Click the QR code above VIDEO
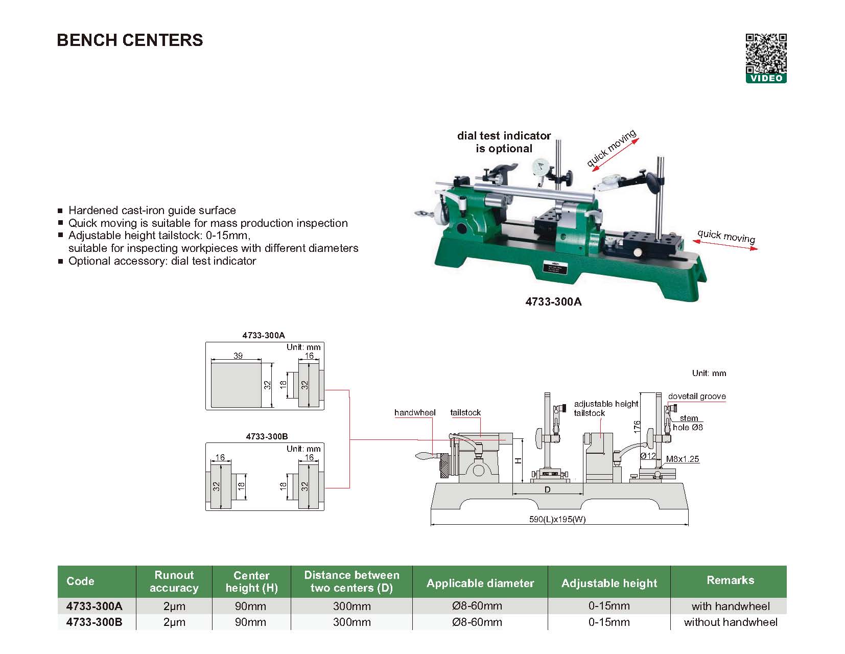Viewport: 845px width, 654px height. click(766, 54)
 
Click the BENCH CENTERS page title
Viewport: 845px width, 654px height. click(130, 40)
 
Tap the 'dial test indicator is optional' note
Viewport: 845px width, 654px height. click(504, 142)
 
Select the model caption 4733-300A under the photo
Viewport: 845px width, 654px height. click(553, 301)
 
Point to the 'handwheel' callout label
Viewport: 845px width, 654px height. click(415, 413)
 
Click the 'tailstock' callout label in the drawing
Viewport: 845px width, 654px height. click(465, 413)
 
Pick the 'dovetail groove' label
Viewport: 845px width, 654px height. click(696, 396)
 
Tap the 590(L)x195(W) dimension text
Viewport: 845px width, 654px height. click(557, 520)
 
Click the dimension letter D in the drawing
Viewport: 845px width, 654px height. click(547, 490)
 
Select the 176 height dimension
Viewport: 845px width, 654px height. click(637, 427)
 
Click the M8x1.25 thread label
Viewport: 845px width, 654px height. click(682, 459)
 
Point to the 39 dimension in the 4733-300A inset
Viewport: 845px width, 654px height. click(238, 356)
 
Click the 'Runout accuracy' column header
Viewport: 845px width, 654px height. click(174, 581)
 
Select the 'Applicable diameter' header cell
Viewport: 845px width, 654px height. click(480, 583)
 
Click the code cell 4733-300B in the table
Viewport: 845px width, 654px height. click(95, 622)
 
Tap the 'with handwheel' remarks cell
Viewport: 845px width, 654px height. click(730, 606)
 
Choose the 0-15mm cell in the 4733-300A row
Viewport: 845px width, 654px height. click(609, 606)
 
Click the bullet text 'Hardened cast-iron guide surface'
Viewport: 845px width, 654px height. click(152, 211)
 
